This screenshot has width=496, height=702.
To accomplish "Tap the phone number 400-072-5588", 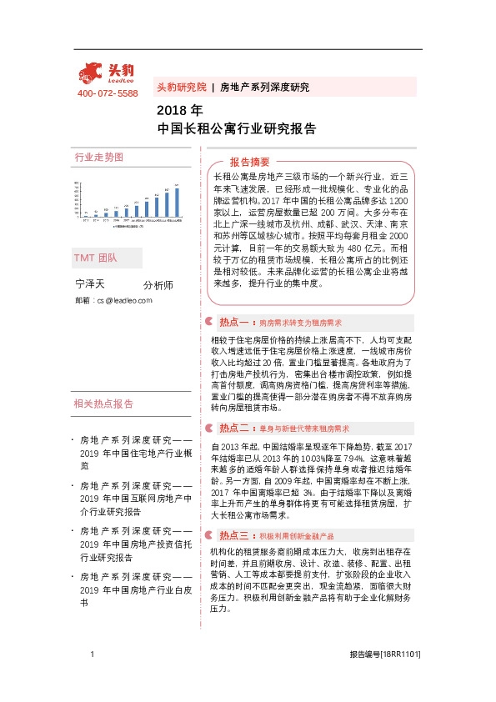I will pyautogui.click(x=108, y=93).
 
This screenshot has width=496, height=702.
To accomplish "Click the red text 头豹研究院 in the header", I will pyautogui.click(x=181, y=87).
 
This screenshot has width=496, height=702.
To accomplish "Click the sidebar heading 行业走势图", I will pyautogui.click(x=98, y=157).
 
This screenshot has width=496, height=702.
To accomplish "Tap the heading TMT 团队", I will pyautogui.click(x=96, y=258).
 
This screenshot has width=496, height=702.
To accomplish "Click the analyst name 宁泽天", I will pyautogui.click(x=90, y=284).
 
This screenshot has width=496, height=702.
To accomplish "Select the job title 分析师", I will pyautogui.click(x=158, y=285).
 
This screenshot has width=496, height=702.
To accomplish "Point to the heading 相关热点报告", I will pyautogui.click(x=104, y=404).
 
